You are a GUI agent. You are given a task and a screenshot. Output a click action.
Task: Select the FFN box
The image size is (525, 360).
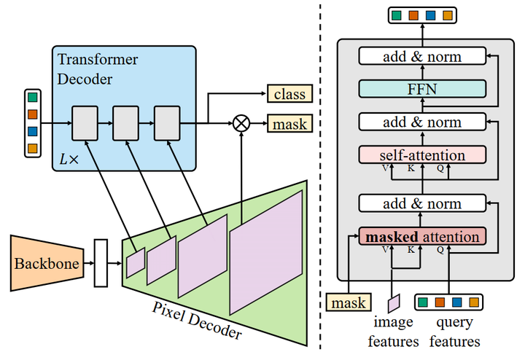coord(421,88)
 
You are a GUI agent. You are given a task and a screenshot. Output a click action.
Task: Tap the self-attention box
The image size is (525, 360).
coord(421,155)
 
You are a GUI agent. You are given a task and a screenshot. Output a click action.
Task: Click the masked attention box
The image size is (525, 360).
coord(423,237)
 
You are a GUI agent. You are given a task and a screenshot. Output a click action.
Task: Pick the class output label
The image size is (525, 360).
coord(289,94)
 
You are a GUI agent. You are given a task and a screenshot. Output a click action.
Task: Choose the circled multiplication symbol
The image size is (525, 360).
coord(241,123)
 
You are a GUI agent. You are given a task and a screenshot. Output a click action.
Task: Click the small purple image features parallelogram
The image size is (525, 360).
coord(394,301)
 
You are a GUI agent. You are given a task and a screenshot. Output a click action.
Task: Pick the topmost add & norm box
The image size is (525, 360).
coord(421,55)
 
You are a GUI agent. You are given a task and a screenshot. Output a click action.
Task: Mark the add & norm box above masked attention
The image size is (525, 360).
coord(421,203)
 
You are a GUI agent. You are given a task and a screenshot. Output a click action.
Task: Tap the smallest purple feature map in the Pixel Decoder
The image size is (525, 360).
coord(136,263)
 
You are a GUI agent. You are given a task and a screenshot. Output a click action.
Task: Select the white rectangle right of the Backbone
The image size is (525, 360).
coord(101,262)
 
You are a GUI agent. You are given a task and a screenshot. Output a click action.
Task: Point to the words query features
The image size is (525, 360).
coord(454,332)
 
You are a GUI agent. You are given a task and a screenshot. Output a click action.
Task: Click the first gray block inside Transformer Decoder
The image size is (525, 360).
coord(84,122)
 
